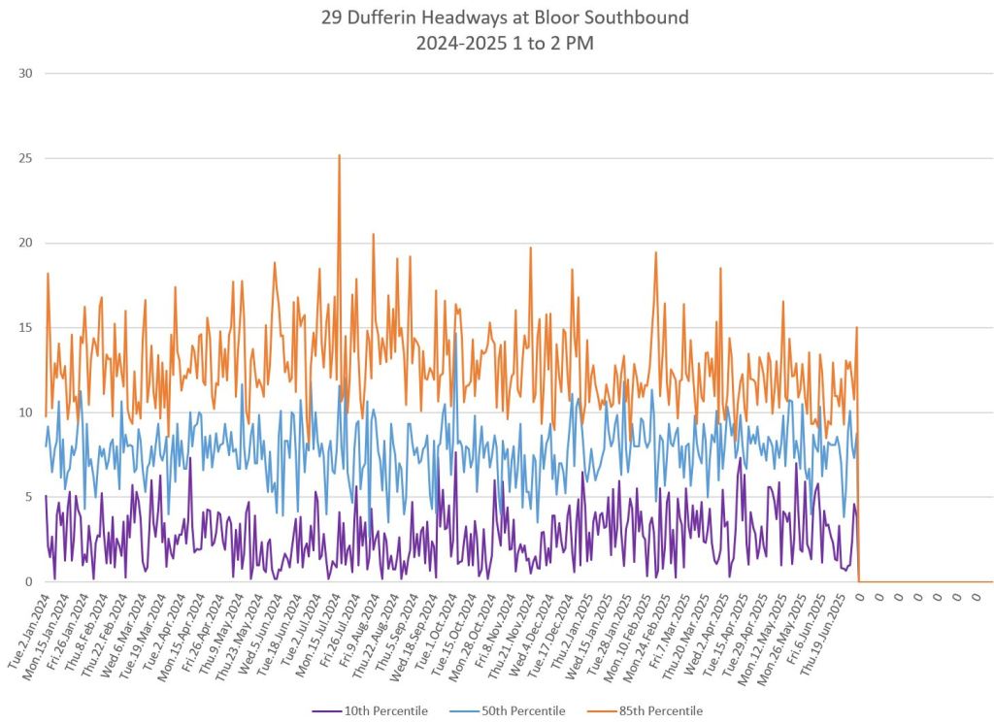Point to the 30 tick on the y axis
click(25, 73)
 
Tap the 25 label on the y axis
click(25, 158)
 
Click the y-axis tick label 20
click(25, 243)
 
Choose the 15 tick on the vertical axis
click(25, 327)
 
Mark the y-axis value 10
click(25, 412)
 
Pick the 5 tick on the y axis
click(29, 497)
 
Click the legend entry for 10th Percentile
click(385, 710)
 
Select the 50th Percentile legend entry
click(524, 710)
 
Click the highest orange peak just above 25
click(339, 155)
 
